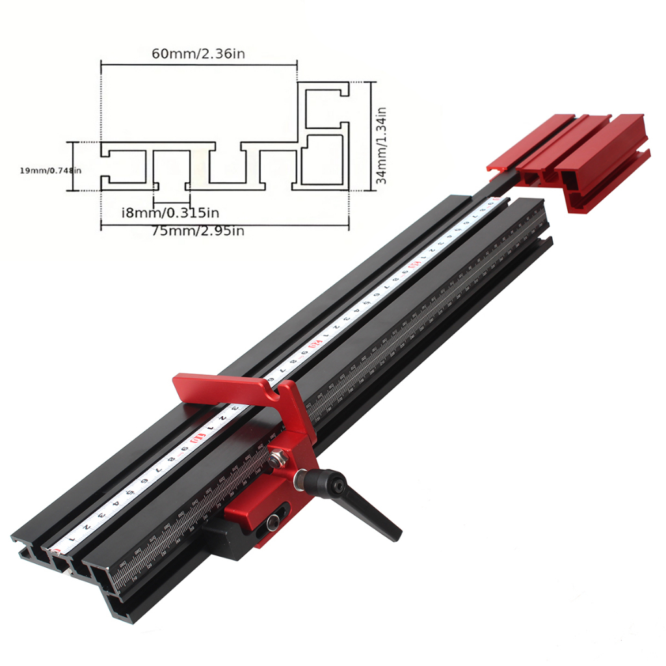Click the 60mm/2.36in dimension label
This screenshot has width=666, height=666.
pos(198,53)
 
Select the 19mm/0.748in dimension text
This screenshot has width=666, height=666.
pos(51,170)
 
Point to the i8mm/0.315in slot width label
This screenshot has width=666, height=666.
pos(170,212)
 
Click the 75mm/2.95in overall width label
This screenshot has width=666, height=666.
pos(198,230)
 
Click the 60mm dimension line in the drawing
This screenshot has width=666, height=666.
pos(198,64)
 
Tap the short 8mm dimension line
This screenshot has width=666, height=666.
pos(170,202)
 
